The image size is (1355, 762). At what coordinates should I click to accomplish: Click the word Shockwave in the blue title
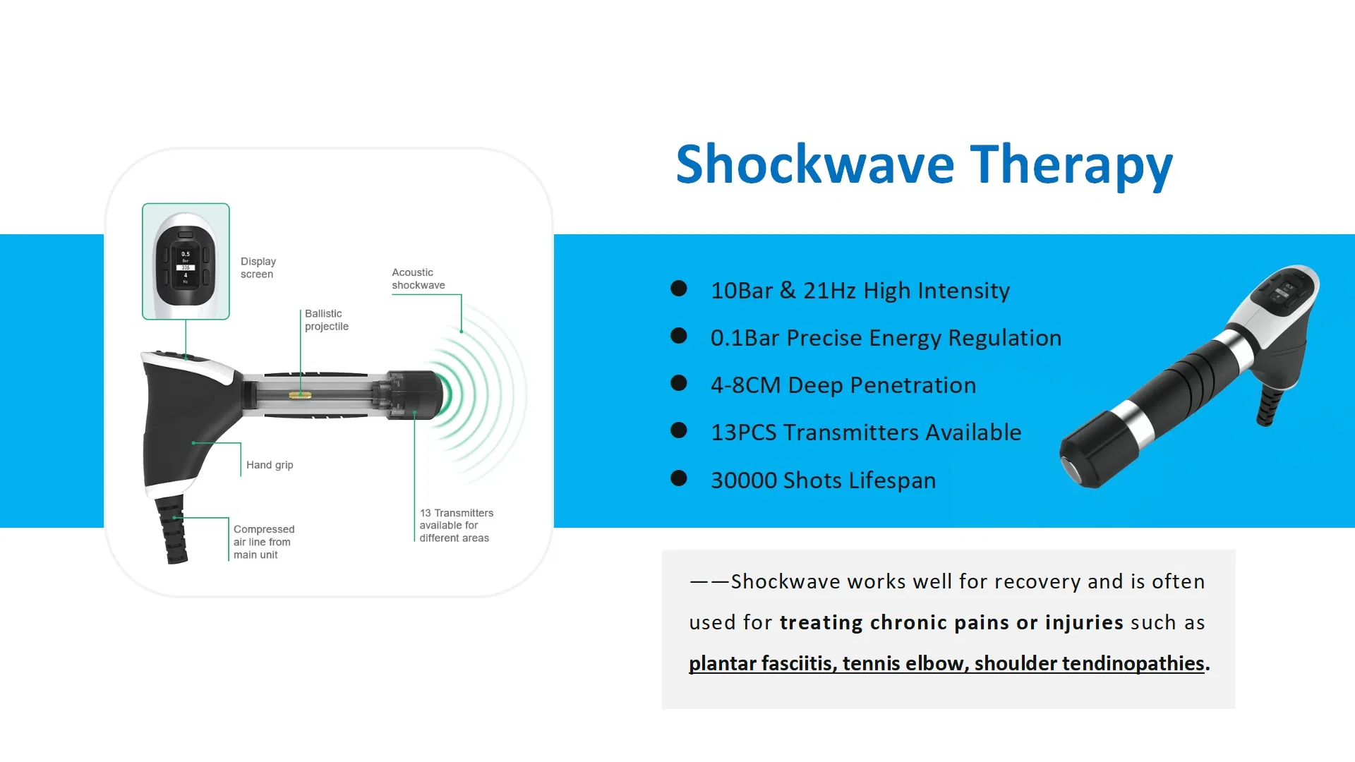[815, 164]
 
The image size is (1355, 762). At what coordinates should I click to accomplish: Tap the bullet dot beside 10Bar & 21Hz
[679, 289]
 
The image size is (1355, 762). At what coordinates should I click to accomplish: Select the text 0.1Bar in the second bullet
[745, 338]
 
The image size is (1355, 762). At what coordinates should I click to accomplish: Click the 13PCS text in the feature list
[744, 433]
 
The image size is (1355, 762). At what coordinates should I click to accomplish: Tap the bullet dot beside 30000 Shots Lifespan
[679, 479]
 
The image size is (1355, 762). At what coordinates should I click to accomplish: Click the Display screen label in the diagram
[258, 268]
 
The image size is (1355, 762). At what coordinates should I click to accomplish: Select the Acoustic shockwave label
[418, 279]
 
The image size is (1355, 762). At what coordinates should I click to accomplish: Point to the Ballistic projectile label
[326, 320]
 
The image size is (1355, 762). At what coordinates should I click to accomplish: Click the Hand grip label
[270, 465]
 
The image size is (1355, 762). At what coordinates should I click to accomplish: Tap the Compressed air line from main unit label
[263, 542]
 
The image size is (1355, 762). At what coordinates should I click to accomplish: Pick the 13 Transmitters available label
[456, 526]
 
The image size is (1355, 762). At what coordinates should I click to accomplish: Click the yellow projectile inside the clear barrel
[300, 395]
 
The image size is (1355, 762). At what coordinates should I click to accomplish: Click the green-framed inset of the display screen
[186, 261]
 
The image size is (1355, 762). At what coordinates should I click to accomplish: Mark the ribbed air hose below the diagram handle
[172, 529]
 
